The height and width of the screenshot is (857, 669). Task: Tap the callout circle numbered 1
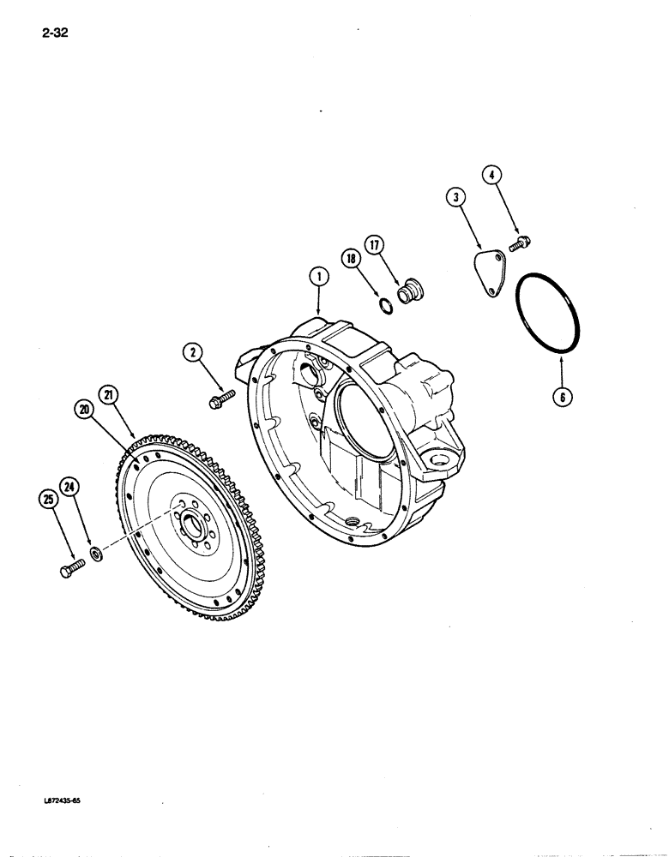[x=318, y=277]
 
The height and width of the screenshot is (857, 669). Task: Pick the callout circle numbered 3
[x=455, y=198]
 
